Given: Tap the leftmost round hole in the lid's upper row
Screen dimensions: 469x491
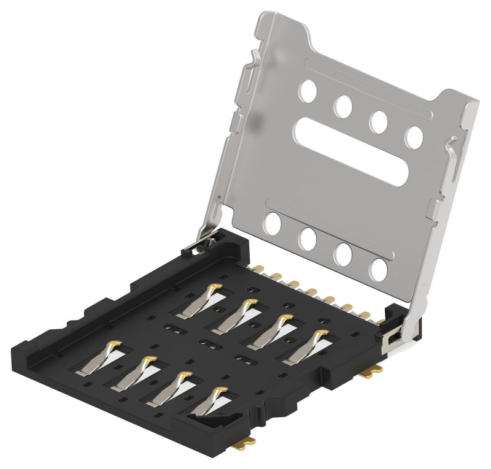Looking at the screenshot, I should coord(308,91).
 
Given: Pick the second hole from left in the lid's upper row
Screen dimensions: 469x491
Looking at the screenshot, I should coord(342,106).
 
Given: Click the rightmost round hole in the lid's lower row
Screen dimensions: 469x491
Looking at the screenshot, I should coord(378,270).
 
